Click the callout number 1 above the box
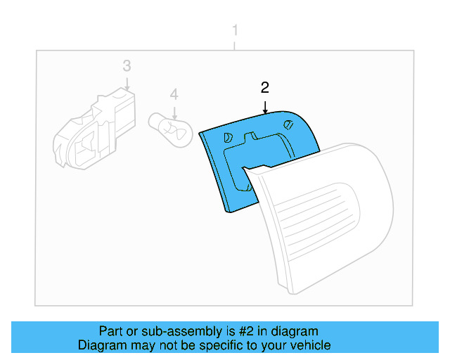click(x=235, y=30)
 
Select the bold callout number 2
click(x=264, y=88)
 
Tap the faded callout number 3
click(x=127, y=65)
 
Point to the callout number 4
click(x=174, y=94)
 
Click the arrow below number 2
click(x=266, y=108)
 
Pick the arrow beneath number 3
click(x=127, y=84)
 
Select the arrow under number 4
click(x=174, y=113)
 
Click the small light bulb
click(x=170, y=130)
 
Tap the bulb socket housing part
click(x=94, y=130)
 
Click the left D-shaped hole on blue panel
click(x=228, y=138)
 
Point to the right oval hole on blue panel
click(x=288, y=124)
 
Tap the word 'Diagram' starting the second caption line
click(x=102, y=345)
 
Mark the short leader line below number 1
click(x=235, y=46)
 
